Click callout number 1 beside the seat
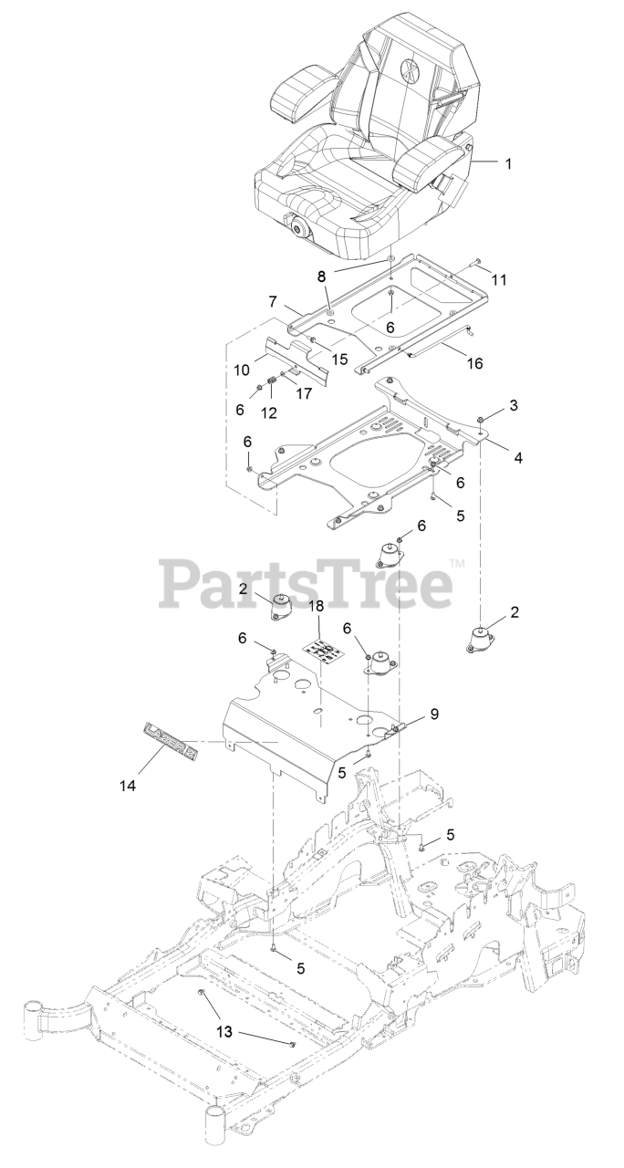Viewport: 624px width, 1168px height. pyautogui.click(x=508, y=164)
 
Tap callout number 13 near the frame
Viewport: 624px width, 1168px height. pyautogui.click(x=224, y=1032)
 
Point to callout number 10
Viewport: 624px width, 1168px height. pyautogui.click(x=242, y=370)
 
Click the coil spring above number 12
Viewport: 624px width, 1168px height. pyautogui.click(x=272, y=381)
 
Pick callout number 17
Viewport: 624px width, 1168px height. pyautogui.click(x=302, y=394)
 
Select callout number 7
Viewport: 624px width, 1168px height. pyautogui.click(x=272, y=300)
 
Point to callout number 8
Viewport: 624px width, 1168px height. pyautogui.click(x=320, y=275)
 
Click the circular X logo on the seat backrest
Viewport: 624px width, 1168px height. pyautogui.click(x=409, y=69)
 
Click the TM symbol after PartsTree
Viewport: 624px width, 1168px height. pyautogui.click(x=457, y=565)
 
